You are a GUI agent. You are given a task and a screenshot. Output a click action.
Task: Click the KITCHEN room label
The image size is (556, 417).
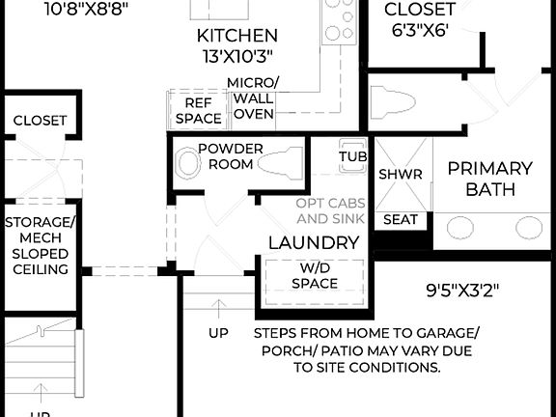coord(237,36)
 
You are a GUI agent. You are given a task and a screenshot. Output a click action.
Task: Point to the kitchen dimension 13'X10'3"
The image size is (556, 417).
coord(237,57)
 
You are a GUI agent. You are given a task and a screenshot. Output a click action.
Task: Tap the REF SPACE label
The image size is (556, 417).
coord(198,109)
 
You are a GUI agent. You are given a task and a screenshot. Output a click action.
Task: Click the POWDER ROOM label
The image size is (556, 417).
coord(225,156)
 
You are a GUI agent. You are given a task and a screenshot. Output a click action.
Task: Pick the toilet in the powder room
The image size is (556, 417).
coord(281,161)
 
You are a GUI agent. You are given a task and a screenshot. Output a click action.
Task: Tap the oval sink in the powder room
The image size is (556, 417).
coord(185,164)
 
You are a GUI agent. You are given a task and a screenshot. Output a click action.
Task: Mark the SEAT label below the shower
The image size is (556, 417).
coord(401,220)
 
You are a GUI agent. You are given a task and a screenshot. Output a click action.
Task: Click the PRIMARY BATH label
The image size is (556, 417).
coord(490,179)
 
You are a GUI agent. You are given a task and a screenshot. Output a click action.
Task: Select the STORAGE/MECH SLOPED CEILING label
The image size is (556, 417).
coord(39,246)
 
